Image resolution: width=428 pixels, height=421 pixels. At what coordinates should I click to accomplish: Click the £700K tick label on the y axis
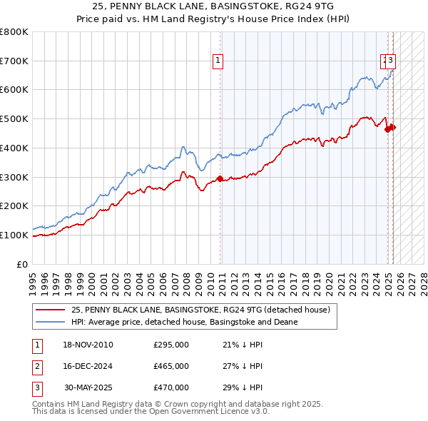pos(14,61)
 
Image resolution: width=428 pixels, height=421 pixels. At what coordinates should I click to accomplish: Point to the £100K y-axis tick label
pos(14,235)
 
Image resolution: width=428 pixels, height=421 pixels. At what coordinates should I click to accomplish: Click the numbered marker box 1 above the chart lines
pos(217,61)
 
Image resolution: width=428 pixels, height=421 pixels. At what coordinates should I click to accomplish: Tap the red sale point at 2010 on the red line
pos(220,178)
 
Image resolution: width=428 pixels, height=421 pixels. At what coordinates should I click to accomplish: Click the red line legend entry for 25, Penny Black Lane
pos(200,310)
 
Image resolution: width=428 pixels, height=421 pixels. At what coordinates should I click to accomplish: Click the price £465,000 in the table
pos(171,367)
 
